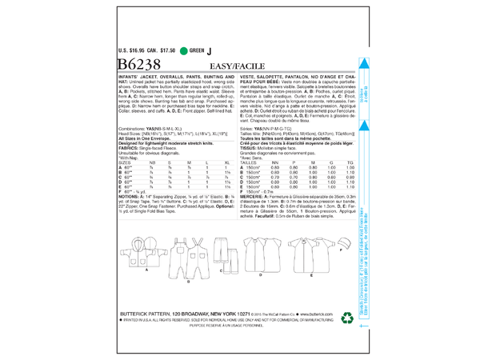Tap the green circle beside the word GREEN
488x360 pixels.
(x=185, y=54)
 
